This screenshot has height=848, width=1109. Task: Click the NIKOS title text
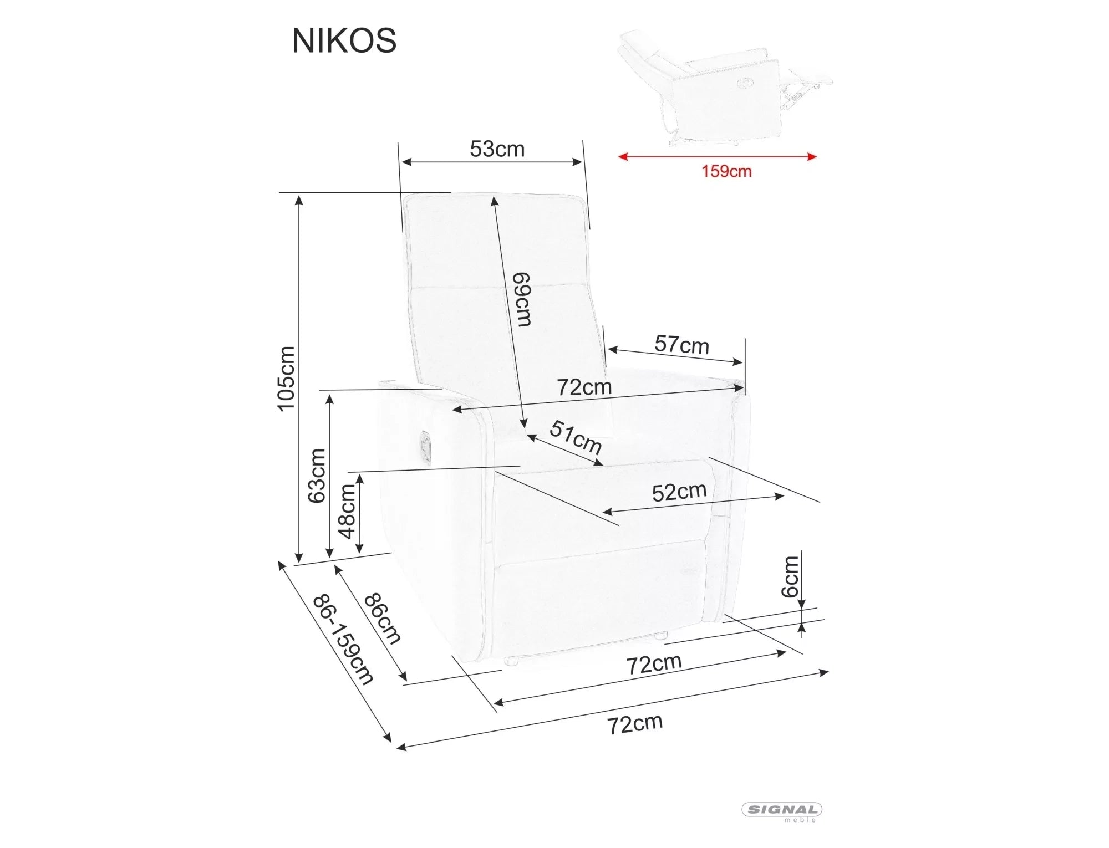coord(344,40)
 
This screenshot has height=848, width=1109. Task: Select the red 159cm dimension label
coord(726,171)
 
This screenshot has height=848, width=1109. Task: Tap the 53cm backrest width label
coord(497,149)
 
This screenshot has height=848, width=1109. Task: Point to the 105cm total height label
coord(286,378)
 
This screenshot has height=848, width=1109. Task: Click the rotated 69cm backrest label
coord(522,299)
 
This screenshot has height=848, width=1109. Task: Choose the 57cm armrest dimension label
coord(681,345)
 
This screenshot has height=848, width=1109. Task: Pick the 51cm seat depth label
coord(576,437)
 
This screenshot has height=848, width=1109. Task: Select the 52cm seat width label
coord(679,492)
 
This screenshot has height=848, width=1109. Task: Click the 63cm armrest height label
coord(317,476)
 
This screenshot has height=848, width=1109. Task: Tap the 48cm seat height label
coord(347,511)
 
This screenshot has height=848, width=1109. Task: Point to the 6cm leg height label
coord(790,576)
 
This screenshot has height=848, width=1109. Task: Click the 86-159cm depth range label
coord(343,640)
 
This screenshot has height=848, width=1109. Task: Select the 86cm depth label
coord(382,619)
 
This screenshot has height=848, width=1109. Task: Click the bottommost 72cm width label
coord(635,723)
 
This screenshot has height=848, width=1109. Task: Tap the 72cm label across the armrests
coord(584,387)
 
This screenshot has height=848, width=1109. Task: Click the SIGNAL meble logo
coord(782,811)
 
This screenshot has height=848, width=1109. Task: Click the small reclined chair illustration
coord(721,86)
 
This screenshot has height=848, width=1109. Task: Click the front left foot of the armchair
coord(511,661)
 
